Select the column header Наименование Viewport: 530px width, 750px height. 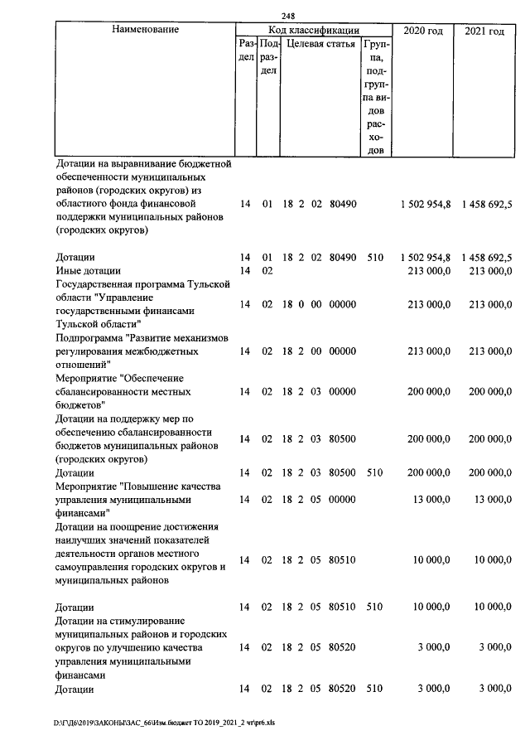coord(145,30)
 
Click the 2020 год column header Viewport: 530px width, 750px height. coord(422,31)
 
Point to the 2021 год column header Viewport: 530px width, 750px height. coord(484,31)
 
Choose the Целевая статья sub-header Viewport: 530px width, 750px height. coord(320,44)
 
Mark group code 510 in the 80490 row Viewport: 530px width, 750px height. coord(374,258)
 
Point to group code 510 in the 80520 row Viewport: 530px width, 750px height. coord(374,689)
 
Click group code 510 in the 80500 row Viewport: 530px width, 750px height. coord(374,472)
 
